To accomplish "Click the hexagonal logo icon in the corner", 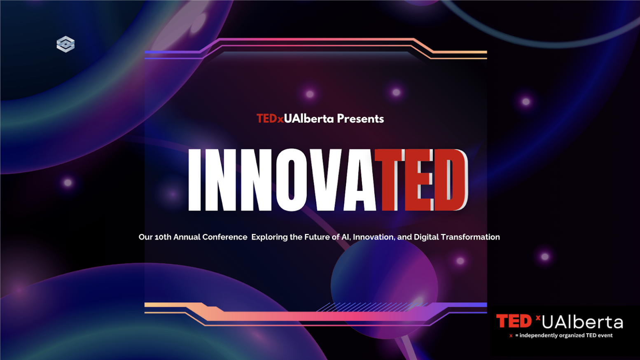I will tap(65, 44).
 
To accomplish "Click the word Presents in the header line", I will tap(360, 119).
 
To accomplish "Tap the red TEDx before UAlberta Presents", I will tap(270, 119).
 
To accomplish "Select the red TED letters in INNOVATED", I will tap(422, 180).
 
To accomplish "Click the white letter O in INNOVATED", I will tap(291, 180).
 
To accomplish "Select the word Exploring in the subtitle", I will tap(269, 237).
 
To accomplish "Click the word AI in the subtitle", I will tap(345, 237).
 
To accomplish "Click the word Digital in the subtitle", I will tap(426, 237).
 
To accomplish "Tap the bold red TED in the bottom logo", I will tap(514, 321).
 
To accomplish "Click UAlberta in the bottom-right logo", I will tap(582, 322).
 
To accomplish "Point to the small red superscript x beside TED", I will tap(538, 317).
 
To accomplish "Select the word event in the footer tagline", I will tap(605, 335).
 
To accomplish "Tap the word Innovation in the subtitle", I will tap(373, 237).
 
